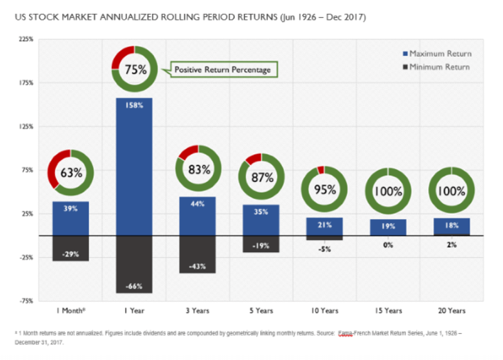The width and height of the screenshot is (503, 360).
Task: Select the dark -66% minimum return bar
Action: (134, 264)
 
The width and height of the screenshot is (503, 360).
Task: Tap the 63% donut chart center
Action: (71, 173)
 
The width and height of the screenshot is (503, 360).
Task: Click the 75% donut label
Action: (135, 69)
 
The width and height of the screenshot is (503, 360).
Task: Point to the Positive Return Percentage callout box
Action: (223, 70)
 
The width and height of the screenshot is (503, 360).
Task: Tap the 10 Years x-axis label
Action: (325, 311)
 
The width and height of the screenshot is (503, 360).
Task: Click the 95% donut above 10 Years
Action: (325, 189)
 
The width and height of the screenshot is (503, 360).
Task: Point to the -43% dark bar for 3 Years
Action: (197, 254)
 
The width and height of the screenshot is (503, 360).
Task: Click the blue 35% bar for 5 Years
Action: (261, 220)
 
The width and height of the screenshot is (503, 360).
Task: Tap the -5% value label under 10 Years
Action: (325, 249)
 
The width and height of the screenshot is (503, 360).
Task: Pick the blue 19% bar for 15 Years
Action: (388, 227)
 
